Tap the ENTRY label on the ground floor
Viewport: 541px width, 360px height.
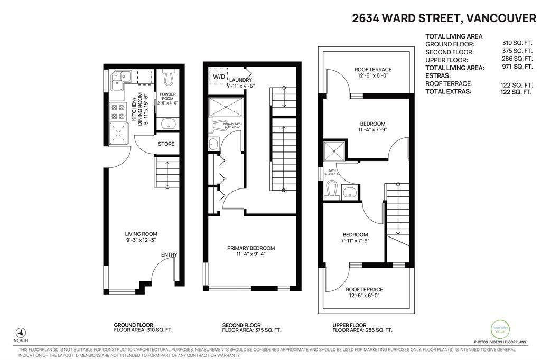pos(169,255)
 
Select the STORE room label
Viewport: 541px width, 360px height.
pos(166,144)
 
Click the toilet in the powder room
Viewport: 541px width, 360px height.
pos(169,79)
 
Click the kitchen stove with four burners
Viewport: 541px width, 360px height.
pos(116,110)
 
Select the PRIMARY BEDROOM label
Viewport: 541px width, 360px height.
pos(251,248)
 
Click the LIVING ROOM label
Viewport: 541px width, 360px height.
pos(141,234)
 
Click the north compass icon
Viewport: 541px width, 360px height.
pos(21,333)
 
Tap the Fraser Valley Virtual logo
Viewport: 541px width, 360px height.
pos(499,327)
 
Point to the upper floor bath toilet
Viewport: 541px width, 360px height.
pos(332,189)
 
